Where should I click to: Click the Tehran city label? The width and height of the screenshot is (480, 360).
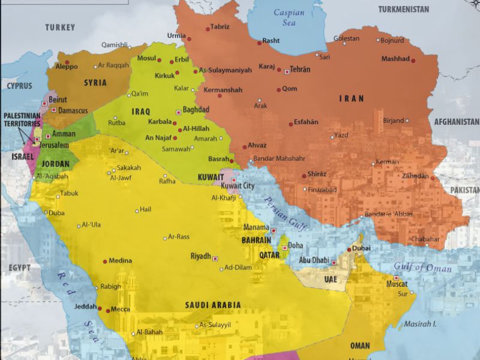(300, 70)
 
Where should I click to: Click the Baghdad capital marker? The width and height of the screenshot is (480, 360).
(178, 112)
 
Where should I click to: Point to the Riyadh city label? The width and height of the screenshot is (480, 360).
(200, 256)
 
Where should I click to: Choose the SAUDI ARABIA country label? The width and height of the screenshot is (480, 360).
(213, 305)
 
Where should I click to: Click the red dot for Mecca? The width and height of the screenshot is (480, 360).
(108, 310)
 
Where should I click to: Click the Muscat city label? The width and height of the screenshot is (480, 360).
(397, 284)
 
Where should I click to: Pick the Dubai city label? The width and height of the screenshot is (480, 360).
(362, 248)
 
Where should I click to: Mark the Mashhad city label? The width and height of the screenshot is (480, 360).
(395, 59)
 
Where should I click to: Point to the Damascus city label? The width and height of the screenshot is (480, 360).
(73, 110)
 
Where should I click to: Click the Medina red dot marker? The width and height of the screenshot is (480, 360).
(105, 261)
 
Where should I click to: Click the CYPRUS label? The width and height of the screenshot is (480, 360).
(19, 86)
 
